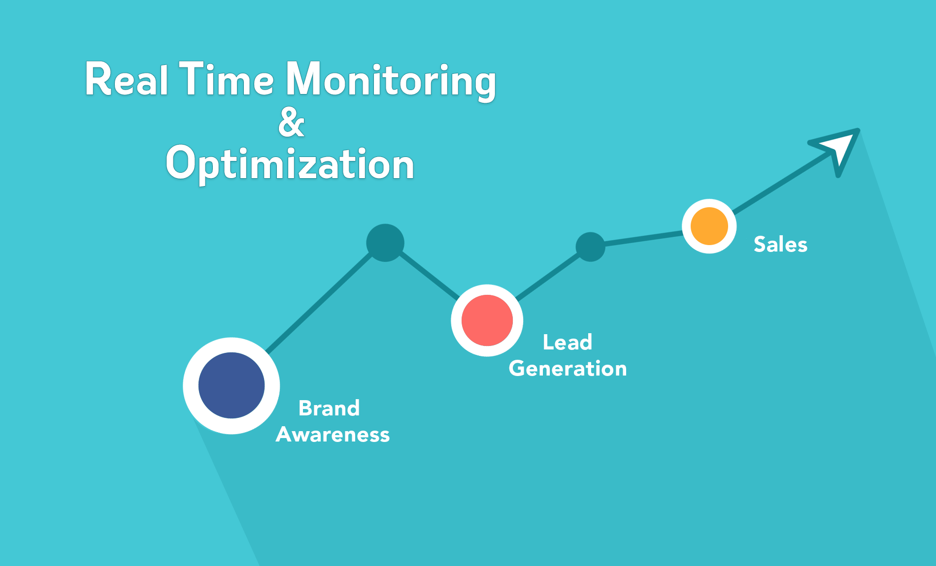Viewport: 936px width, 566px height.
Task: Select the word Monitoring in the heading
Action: tap(391, 81)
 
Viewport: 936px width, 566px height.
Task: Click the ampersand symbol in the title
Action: tap(291, 122)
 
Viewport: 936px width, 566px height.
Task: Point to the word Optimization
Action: tap(290, 164)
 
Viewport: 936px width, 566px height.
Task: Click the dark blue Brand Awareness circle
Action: tap(232, 385)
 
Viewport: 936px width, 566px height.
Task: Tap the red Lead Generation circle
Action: tap(487, 320)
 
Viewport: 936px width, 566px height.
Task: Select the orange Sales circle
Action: tap(709, 226)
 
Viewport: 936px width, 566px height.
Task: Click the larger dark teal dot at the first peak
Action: tap(385, 243)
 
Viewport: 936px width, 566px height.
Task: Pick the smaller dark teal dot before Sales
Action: tap(590, 247)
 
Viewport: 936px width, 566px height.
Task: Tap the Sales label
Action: tap(781, 244)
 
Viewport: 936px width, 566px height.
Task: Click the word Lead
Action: tap(568, 342)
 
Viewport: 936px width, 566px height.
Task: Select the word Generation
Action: tap(568, 369)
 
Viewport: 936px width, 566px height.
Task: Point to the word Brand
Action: tap(329, 408)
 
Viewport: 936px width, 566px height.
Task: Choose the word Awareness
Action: tap(333, 435)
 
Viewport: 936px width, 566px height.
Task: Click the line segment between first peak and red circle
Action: tap(429, 275)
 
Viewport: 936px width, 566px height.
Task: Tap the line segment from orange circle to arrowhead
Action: tap(783, 182)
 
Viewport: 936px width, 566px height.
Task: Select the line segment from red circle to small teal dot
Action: tap(548, 277)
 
